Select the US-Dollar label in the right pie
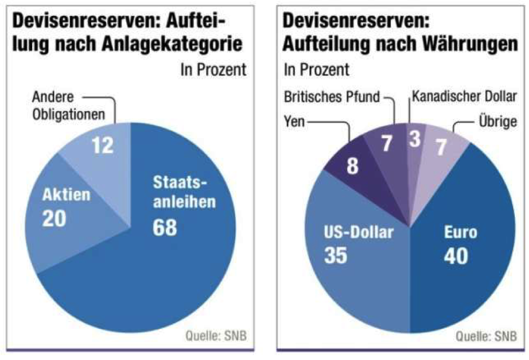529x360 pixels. click(358, 233)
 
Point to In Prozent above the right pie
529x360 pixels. click(316, 69)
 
